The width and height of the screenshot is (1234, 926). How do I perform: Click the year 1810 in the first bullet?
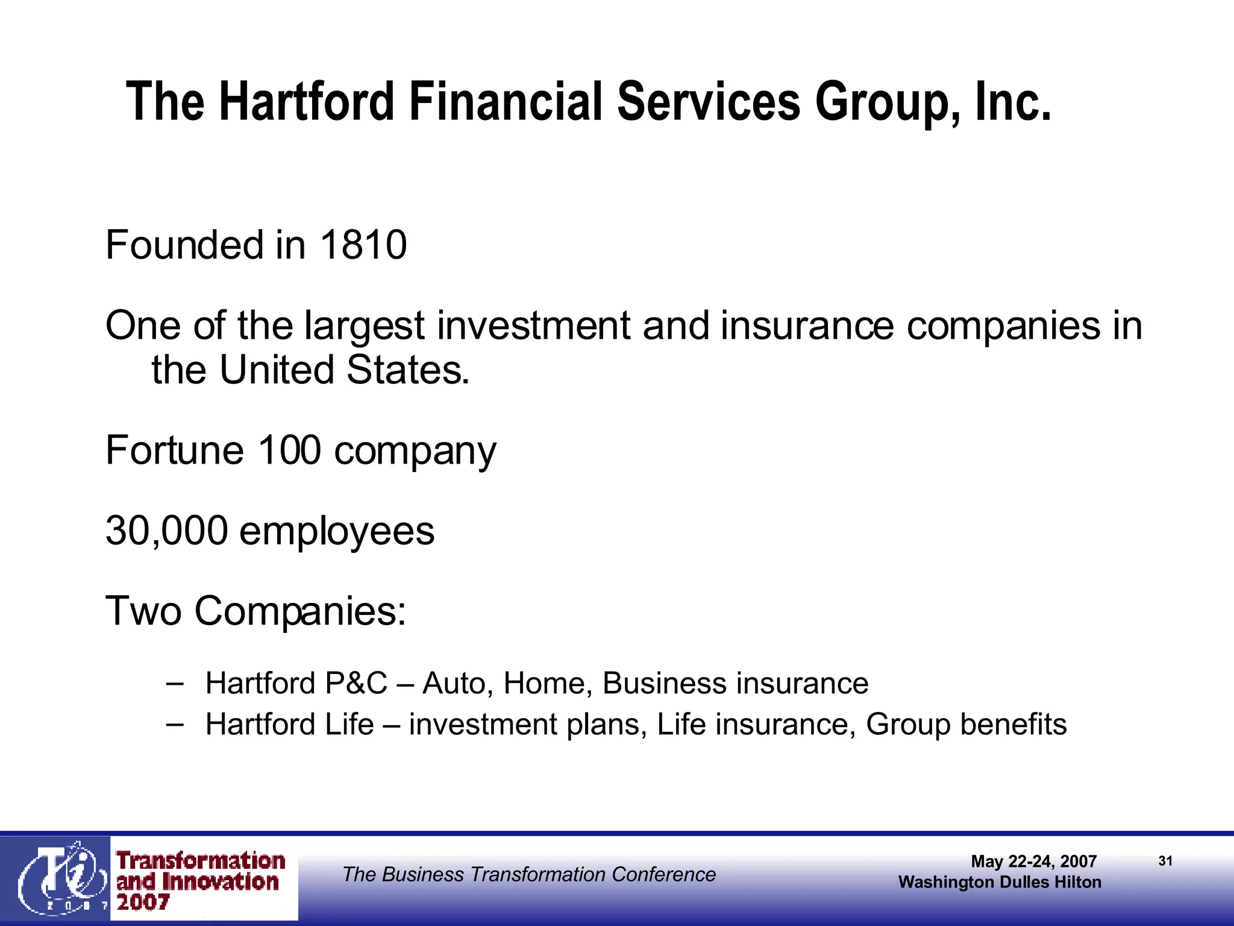pyautogui.click(x=363, y=245)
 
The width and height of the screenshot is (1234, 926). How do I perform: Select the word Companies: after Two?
pyautogui.click(x=300, y=611)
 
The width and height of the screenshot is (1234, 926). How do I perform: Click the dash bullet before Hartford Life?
pyautogui.click(x=174, y=723)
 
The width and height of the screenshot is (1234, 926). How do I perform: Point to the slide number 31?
pyautogui.click(x=1165, y=861)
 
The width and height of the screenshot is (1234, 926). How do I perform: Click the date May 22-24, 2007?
pyautogui.click(x=1033, y=861)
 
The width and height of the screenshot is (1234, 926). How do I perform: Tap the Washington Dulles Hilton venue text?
pyautogui.click(x=1000, y=882)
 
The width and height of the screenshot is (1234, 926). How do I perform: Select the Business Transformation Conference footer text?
pyautogui.click(x=528, y=874)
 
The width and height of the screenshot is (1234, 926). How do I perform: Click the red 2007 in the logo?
pyautogui.click(x=143, y=902)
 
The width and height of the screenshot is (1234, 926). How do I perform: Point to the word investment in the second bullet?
pyautogui.click(x=533, y=326)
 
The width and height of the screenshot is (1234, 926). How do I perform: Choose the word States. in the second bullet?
pyautogui.click(x=407, y=370)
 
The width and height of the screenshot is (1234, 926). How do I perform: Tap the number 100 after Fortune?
pyautogui.click(x=289, y=450)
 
